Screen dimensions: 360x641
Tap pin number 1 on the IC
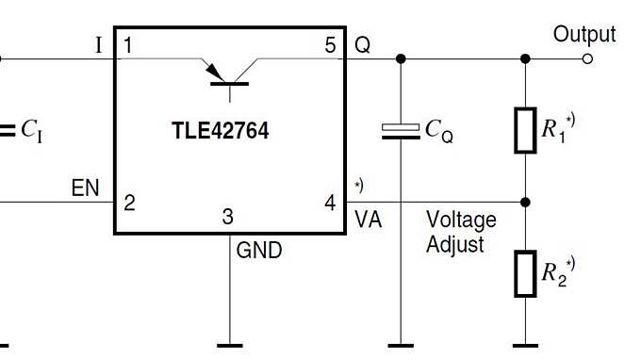(x=128, y=44)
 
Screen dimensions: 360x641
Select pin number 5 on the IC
(x=330, y=44)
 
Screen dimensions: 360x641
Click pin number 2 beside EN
(x=129, y=202)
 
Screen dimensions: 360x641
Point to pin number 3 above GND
(x=228, y=217)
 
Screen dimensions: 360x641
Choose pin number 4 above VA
(x=330, y=202)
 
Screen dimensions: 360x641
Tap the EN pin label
(x=86, y=188)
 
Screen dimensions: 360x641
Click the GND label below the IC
(x=258, y=251)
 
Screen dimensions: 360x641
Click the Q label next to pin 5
(x=363, y=44)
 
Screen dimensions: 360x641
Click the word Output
(x=584, y=35)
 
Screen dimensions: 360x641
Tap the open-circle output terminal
(x=588, y=58)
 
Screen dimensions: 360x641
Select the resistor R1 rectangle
(x=525, y=129)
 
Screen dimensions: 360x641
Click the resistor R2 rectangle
(x=525, y=274)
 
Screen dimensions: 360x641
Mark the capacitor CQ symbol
(x=401, y=132)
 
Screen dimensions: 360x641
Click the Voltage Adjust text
(x=461, y=232)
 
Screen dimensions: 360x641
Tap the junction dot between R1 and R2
(x=525, y=202)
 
